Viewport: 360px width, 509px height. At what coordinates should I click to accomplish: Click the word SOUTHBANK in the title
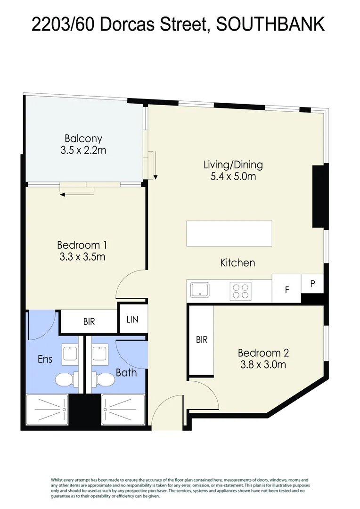(270, 25)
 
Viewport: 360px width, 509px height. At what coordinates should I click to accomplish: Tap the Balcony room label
(83, 139)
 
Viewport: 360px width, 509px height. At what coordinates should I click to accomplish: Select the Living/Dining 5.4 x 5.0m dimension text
(233, 177)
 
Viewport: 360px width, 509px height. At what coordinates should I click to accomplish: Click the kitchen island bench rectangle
(229, 233)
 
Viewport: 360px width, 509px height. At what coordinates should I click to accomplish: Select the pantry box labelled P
(312, 284)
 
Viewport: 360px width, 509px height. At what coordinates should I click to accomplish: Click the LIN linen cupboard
(132, 319)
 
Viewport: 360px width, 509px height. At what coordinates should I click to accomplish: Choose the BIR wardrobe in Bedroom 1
(89, 322)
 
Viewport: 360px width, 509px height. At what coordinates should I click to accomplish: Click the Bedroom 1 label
(82, 245)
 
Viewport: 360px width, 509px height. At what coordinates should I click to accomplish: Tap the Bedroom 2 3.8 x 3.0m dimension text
(263, 364)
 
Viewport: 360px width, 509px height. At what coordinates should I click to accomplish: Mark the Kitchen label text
(237, 263)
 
